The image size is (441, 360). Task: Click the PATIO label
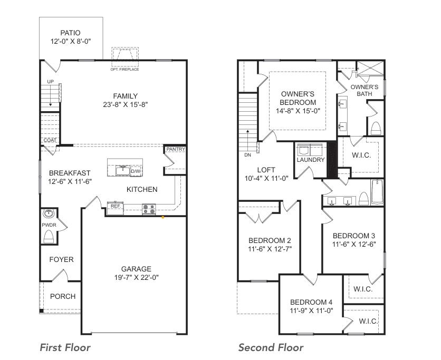70,33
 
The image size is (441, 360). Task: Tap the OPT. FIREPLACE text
124,70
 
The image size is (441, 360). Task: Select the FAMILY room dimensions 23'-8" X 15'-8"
126,104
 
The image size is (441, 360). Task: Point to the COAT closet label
50,140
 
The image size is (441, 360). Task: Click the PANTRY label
176,149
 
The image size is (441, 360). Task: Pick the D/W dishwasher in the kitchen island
136,171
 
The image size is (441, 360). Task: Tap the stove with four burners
149,209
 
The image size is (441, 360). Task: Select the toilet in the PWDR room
49,237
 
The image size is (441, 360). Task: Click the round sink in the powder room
49,213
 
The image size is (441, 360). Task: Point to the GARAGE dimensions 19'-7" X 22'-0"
137,278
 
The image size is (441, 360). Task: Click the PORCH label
63,297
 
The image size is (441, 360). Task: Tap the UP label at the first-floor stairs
50,82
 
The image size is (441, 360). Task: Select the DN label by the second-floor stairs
247,155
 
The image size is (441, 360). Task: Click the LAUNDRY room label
311,160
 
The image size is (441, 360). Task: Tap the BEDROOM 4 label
311,303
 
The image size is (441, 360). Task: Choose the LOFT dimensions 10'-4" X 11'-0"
266,179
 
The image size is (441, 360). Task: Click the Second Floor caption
271,348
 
